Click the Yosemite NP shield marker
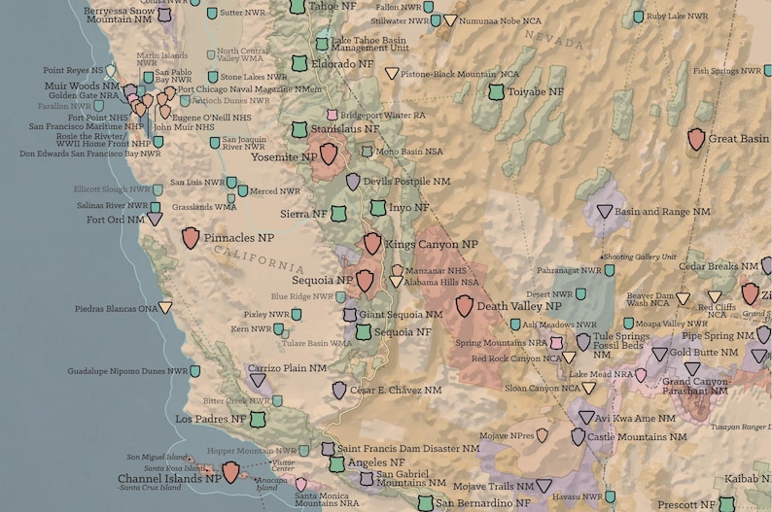click(x=330, y=154)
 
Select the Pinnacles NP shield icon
click(x=191, y=237)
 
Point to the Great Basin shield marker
click(x=696, y=139)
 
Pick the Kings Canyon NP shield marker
click(x=372, y=244)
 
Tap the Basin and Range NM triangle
click(x=605, y=211)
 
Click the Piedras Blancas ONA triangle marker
click(x=166, y=308)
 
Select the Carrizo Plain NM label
click(x=287, y=369)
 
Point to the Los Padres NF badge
click(x=258, y=419)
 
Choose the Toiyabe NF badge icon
click(x=497, y=91)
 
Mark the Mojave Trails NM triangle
click(x=544, y=486)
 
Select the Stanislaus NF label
click(x=344, y=128)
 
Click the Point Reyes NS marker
click(x=111, y=70)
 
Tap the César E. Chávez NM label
click(x=395, y=390)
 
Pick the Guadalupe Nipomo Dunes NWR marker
click(x=195, y=371)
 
